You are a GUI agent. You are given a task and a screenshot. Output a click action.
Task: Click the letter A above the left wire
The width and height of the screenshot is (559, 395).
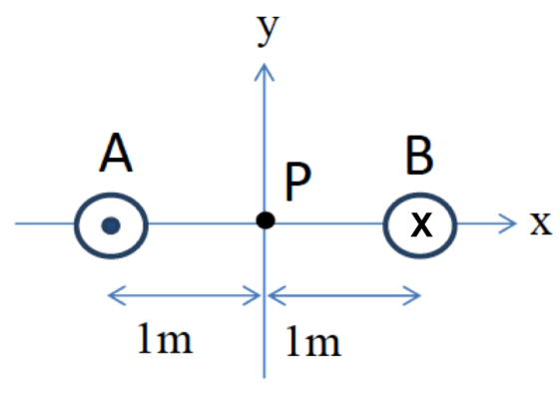click(116, 153)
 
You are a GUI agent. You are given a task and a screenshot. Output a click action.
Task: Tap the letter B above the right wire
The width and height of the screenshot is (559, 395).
click(419, 155)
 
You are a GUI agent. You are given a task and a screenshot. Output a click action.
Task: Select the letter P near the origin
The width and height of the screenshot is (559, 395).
click(297, 182)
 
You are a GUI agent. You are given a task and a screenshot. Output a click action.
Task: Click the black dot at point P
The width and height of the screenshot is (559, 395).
click(266, 220)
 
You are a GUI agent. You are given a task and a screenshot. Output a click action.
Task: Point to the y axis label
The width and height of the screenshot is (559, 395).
click(269, 31)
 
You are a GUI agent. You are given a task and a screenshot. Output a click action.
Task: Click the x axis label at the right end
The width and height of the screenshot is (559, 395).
click(541, 223)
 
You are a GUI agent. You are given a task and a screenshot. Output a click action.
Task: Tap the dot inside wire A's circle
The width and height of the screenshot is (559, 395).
click(111, 225)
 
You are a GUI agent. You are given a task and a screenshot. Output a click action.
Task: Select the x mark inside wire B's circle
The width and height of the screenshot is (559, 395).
click(421, 224)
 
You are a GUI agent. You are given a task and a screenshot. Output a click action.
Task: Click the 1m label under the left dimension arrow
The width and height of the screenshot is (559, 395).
click(165, 338)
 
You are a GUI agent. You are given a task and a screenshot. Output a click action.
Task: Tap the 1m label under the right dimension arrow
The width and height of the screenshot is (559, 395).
click(313, 341)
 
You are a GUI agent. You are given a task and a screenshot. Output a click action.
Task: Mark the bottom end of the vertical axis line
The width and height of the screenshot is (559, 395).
click(265, 378)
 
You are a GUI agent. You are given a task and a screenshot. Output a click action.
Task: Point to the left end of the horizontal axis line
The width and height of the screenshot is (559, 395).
click(15, 223)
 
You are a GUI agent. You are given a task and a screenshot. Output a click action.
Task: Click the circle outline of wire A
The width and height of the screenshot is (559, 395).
click(75, 225)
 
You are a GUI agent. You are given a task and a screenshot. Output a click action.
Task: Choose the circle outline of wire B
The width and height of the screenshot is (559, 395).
click(383, 225)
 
